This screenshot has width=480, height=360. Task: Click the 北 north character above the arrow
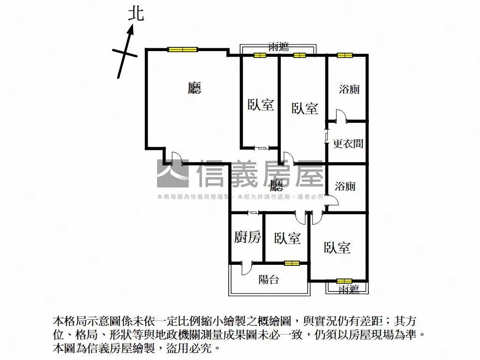(135, 14)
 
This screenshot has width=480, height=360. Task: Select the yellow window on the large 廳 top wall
(182, 49)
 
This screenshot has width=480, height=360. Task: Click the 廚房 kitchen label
(247, 237)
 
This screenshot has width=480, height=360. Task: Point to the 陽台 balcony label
(269, 279)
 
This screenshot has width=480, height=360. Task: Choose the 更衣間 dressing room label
(348, 143)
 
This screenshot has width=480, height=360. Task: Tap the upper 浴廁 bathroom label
(349, 90)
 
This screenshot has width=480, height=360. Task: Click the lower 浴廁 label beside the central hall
(345, 186)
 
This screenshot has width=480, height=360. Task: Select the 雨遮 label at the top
(278, 47)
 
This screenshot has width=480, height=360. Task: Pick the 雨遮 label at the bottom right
(349, 289)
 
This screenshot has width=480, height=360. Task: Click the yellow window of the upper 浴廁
(345, 55)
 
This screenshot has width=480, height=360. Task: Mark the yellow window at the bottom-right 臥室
(344, 281)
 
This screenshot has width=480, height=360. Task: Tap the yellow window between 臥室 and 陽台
(292, 262)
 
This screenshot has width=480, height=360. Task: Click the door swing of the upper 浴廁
(341, 116)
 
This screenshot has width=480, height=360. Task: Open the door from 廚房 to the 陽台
(247, 268)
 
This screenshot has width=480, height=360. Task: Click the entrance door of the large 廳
(177, 158)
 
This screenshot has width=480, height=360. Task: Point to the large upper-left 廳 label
(194, 88)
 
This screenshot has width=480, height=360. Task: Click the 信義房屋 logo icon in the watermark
(172, 173)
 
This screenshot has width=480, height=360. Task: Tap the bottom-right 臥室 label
(337, 247)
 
